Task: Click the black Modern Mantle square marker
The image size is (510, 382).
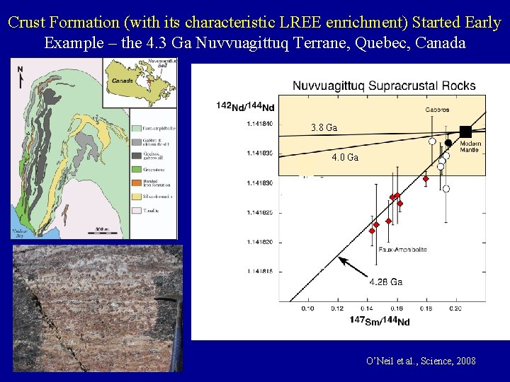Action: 465,131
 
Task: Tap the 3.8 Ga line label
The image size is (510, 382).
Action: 324,128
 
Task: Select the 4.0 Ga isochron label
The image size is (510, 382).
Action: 345,158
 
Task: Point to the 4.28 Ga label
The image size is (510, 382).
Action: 385,282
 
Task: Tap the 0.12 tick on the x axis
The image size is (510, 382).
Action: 336,308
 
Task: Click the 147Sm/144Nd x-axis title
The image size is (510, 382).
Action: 379,321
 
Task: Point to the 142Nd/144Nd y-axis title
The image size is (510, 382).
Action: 245,107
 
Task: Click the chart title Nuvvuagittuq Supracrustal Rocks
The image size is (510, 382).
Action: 384,86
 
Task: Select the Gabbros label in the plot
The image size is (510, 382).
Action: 438,110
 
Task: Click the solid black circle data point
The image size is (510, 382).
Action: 448,143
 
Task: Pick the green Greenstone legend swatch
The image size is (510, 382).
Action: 135,168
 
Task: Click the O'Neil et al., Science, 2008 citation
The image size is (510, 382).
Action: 421,361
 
